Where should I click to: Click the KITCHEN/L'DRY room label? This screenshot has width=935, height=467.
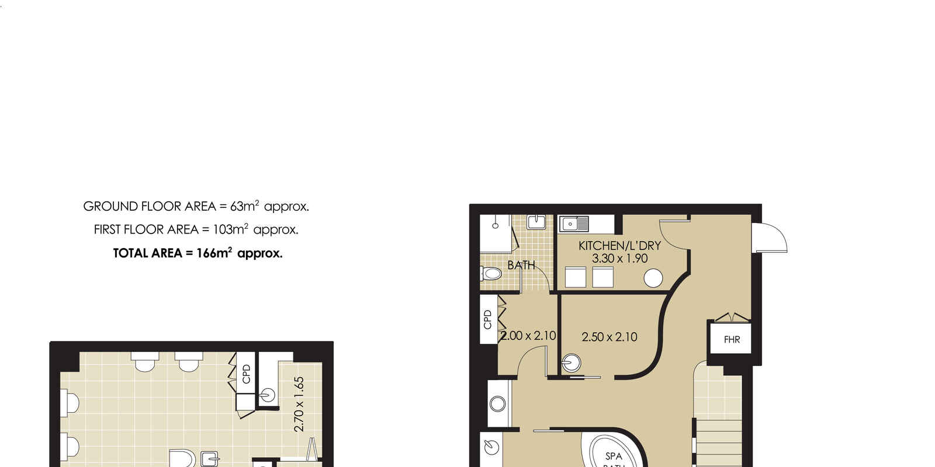[619, 246]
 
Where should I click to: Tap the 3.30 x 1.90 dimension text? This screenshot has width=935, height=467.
[620, 259]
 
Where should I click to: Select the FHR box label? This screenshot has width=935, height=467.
[732, 340]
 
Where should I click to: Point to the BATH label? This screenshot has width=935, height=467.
[521, 265]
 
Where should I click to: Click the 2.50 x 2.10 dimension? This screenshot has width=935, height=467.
[610, 337]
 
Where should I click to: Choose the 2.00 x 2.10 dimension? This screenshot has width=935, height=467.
[528, 336]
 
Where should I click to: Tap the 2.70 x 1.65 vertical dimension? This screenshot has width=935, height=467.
[299, 405]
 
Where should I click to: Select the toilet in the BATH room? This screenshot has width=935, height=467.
[491, 274]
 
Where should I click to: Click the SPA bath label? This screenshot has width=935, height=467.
[614, 456]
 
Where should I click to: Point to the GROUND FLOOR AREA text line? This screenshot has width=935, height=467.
[196, 206]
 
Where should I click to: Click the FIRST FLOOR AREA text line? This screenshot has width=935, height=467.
[196, 229]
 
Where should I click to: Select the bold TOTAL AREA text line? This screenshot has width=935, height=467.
[198, 253]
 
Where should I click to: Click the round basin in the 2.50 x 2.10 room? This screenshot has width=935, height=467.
[571, 363]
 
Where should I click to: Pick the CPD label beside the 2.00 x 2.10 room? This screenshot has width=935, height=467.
[487, 319]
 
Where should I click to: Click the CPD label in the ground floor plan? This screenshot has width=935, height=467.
[246, 374]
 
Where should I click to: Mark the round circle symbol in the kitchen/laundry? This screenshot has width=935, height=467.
[653, 278]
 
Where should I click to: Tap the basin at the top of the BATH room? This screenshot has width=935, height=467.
[536, 222]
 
